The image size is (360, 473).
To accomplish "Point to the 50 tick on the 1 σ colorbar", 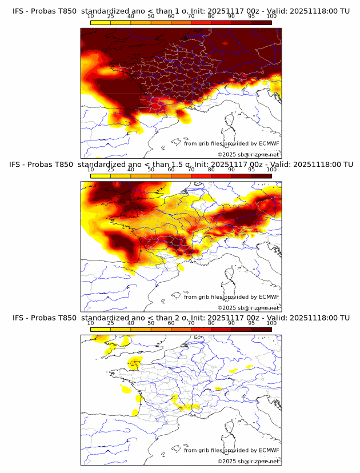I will coord(151,16).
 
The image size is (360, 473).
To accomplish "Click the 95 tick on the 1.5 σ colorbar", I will coord(251,170).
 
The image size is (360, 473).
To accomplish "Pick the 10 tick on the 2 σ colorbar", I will coord(91,323).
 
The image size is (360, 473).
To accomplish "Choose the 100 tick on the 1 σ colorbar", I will coord(271,16).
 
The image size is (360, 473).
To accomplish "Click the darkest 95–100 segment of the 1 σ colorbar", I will coord(261,22).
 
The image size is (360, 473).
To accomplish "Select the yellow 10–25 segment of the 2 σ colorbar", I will coord(101,329).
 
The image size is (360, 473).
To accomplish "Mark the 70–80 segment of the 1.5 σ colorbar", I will coord(201,176).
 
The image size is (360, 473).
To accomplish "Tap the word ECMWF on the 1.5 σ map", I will coord(269,297).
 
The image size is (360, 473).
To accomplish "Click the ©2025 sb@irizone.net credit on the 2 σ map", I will coord(248,461).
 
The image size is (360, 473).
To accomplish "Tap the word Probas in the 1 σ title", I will coord(41,11).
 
